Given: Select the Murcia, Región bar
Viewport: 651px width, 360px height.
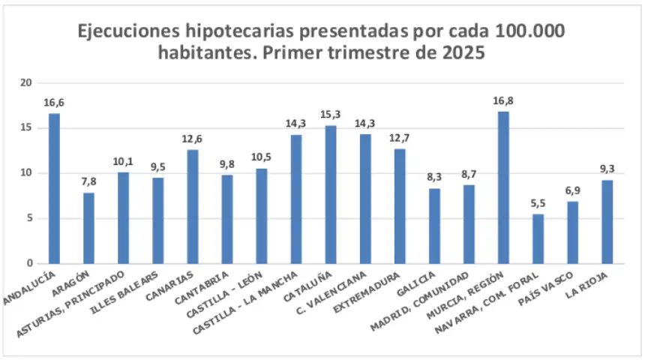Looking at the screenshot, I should pos(503,187).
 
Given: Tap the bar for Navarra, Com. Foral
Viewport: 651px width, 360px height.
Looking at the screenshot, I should pos(538,239).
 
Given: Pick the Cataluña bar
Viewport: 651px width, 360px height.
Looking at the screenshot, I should pos(331,195).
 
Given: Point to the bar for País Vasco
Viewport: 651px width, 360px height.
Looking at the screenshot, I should pos(572,232).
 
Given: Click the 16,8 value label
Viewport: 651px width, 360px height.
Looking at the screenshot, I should pos(503,100).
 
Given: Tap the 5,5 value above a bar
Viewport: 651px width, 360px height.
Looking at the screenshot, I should pos(538,203).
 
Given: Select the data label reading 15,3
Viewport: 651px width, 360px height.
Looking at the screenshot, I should pos(331,114).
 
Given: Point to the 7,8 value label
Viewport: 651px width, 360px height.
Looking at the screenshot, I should pos(88,182).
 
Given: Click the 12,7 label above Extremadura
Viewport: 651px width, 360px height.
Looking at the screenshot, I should pos(400,138).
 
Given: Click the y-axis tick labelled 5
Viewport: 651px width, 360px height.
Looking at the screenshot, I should pos(30,218).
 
